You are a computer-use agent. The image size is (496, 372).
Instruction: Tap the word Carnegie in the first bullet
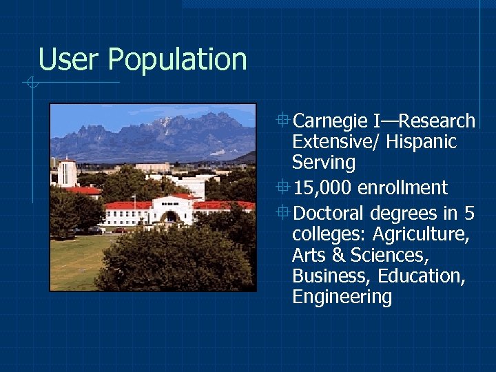click(330, 121)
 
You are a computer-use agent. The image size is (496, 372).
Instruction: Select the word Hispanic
click(421, 142)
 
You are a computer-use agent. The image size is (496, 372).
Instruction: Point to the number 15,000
click(323, 187)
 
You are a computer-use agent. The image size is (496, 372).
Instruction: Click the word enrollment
click(403, 187)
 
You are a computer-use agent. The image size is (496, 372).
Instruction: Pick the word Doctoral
click(329, 213)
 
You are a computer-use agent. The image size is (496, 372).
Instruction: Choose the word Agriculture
click(422, 234)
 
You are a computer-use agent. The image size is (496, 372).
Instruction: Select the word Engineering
click(342, 297)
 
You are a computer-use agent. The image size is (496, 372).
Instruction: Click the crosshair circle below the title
click(32, 83)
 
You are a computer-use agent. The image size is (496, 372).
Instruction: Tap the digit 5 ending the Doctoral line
click(469, 213)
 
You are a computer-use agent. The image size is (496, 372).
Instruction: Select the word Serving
click(323, 163)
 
